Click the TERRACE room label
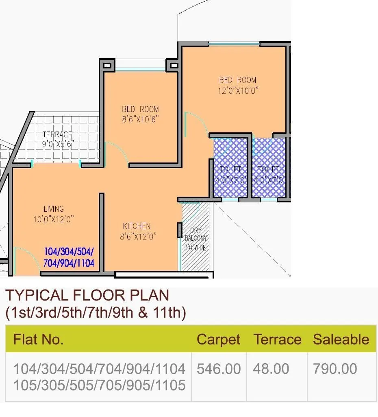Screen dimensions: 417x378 click(x=57, y=134)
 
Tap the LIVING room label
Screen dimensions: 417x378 click(x=54, y=209)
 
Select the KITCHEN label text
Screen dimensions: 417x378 click(x=137, y=226)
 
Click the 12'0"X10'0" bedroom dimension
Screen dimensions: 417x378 click(x=238, y=90)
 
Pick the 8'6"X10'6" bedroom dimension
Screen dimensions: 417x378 click(x=140, y=119)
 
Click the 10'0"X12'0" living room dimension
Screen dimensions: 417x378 click(x=54, y=219)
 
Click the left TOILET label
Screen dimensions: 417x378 click(x=230, y=169)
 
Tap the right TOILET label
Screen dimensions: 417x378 click(x=269, y=169)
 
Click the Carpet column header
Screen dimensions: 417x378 click(x=218, y=340)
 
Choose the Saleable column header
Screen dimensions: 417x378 click(x=341, y=340)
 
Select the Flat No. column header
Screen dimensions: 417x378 click(x=39, y=340)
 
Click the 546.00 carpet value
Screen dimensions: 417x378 click(x=219, y=369)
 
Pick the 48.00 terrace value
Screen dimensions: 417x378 click(x=271, y=369)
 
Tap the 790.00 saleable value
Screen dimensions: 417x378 click(x=335, y=369)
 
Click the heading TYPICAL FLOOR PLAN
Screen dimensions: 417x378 click(x=87, y=295)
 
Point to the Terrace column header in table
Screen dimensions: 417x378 click(x=278, y=340)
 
